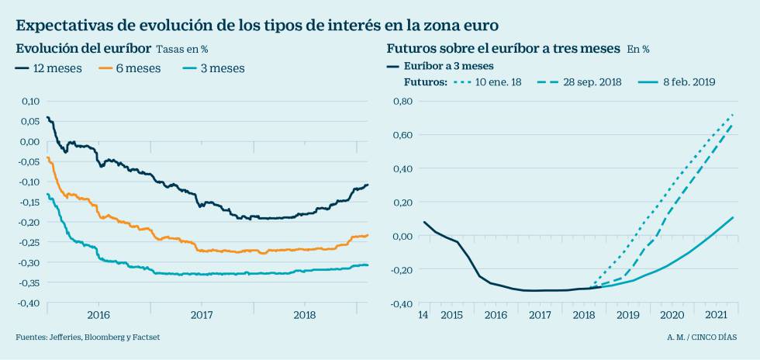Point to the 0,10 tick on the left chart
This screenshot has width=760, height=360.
point(29,101)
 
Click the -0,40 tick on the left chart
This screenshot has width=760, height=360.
point(28,303)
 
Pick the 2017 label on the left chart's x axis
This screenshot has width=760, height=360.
point(202,316)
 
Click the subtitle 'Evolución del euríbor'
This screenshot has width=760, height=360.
point(84,49)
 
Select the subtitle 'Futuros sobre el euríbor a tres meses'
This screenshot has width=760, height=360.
point(503,49)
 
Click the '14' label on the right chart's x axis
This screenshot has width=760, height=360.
point(423,316)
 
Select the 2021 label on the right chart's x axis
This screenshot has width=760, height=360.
point(716,316)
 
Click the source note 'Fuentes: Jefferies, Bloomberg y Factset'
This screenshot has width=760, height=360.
point(88,337)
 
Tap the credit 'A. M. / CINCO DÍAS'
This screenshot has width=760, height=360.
point(702,337)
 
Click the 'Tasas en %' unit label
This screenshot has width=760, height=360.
point(182,50)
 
